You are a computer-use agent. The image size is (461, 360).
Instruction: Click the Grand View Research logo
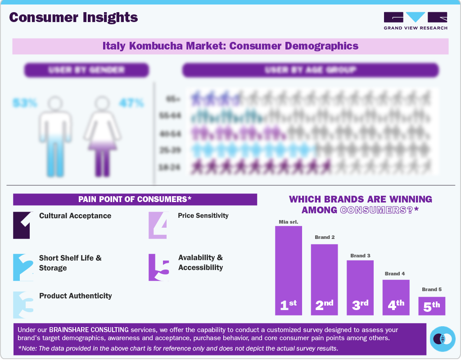[x=415, y=21]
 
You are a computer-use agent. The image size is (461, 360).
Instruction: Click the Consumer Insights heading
[x=73, y=18]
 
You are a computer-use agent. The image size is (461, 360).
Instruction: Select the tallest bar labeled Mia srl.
[x=288, y=270]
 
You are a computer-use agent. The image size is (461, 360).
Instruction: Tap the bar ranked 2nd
[x=324, y=279]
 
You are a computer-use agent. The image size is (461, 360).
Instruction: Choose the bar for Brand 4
[x=396, y=297]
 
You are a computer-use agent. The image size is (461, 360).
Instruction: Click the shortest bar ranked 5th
[x=431, y=306]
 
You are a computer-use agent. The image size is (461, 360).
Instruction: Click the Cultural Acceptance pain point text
[x=75, y=216]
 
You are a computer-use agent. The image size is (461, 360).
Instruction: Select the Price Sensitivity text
[x=203, y=216]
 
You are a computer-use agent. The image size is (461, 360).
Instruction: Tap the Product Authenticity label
[x=76, y=296]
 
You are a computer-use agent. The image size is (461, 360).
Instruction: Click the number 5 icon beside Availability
[x=159, y=267]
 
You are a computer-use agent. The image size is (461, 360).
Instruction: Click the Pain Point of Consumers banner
[x=135, y=199]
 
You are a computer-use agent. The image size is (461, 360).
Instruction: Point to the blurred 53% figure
[x=25, y=103]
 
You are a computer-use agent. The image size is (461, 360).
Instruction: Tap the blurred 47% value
[x=131, y=103]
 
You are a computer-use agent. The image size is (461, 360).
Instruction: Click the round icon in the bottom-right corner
[x=443, y=338]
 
